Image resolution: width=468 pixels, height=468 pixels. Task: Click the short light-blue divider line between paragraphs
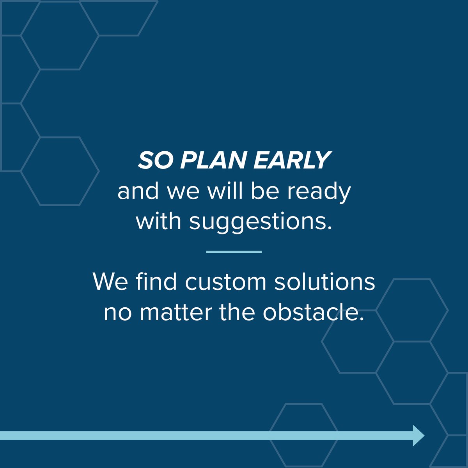[234, 252]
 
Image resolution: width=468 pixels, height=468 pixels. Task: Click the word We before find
[110, 282]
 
